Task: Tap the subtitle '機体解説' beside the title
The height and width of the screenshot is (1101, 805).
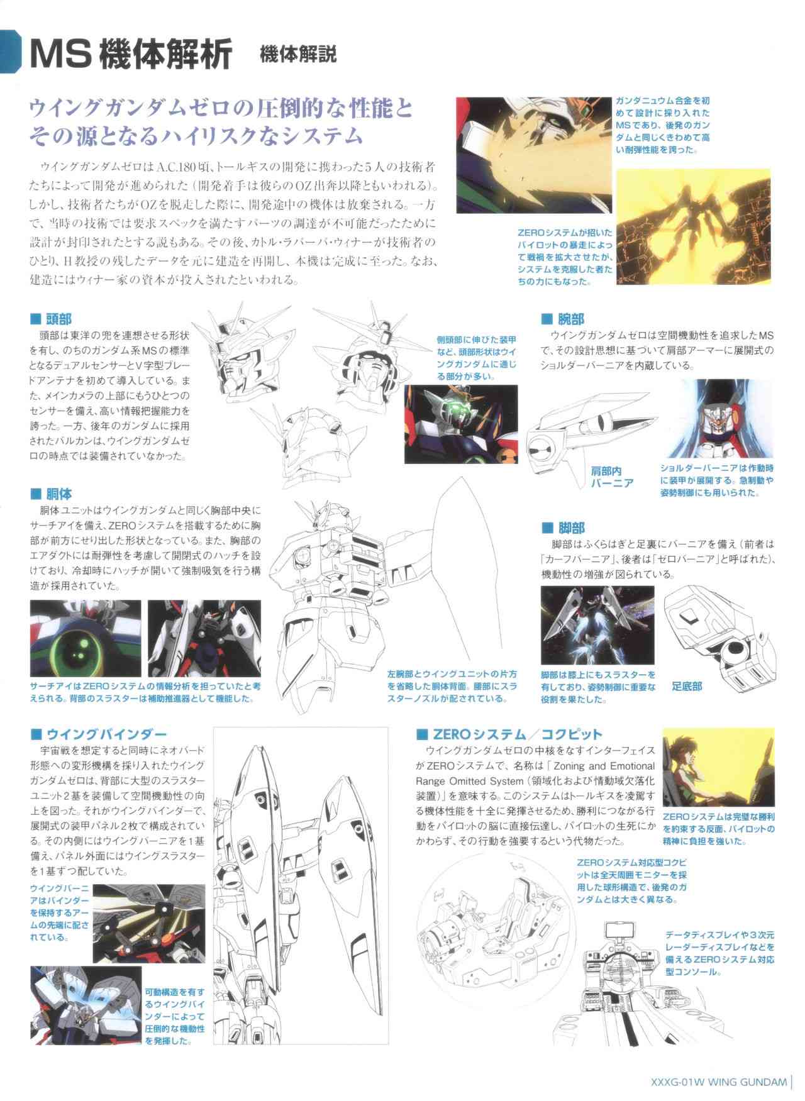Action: click(298, 55)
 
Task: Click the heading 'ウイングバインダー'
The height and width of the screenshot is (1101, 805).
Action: click(99, 734)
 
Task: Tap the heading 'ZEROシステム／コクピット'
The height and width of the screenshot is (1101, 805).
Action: click(509, 734)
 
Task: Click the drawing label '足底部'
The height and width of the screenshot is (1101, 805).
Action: click(687, 686)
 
